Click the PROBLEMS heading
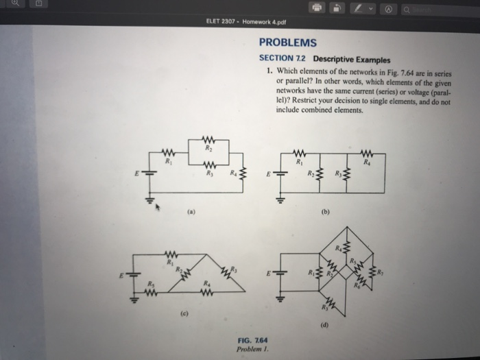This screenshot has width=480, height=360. point(288,43)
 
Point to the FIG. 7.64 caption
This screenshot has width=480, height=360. point(252,340)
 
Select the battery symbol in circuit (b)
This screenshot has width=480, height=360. point(279,175)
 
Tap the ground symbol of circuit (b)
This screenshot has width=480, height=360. point(279,202)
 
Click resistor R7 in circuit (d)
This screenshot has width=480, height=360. point(331,301)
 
